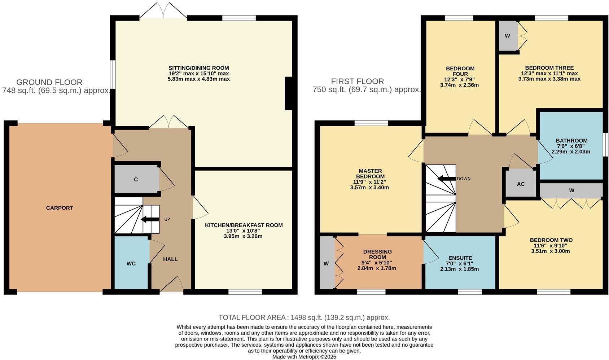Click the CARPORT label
tap(60, 208)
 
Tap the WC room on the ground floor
tap(131, 263)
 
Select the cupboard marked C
tap(136, 179)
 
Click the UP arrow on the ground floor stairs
tap(150, 219)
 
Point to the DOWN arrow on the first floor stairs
tap(446, 179)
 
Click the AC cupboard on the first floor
tap(521, 184)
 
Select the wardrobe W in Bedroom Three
tap(507, 36)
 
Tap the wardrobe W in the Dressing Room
tap(327, 263)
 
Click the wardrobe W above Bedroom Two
tap(571, 190)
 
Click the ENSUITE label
tap(460, 258)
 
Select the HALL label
tap(170, 259)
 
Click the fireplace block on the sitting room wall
tap(288, 93)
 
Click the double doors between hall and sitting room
tap(169, 123)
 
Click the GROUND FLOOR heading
tap(49, 82)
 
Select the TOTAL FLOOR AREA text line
tap(304, 317)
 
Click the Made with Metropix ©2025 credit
tap(304, 357)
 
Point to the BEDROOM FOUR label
tap(460, 71)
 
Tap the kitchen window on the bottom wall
tap(245, 291)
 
